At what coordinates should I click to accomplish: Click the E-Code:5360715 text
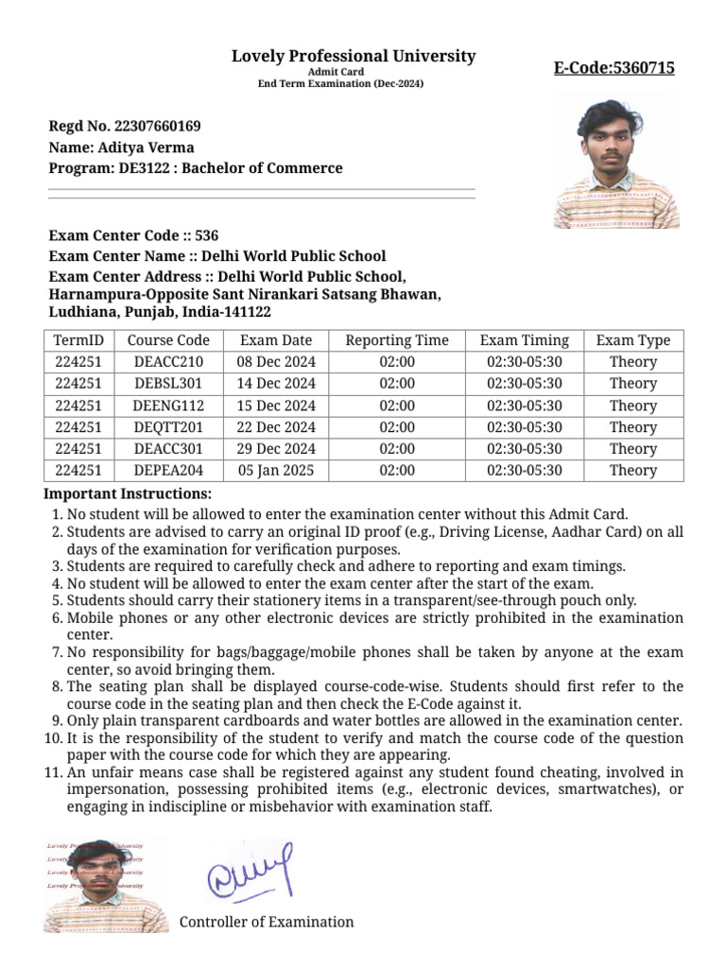(614, 68)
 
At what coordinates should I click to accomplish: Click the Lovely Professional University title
(354, 57)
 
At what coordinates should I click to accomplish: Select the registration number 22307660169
(157, 126)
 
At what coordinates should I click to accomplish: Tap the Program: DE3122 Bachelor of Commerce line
(196, 168)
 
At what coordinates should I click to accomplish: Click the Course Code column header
(168, 340)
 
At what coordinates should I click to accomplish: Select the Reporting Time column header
(397, 340)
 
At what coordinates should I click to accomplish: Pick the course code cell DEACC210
(168, 362)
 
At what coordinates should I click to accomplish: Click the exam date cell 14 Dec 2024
(276, 384)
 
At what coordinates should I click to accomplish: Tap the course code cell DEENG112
(168, 406)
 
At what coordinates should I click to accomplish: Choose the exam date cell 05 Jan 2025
(276, 471)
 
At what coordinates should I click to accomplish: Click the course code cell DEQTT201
(168, 427)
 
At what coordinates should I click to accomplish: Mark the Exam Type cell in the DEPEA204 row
(632, 471)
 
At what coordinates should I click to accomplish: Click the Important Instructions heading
(129, 494)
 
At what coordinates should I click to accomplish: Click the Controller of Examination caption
(267, 922)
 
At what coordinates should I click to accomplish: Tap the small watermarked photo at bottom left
(106, 885)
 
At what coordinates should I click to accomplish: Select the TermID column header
(78, 340)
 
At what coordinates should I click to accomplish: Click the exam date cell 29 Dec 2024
(276, 449)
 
